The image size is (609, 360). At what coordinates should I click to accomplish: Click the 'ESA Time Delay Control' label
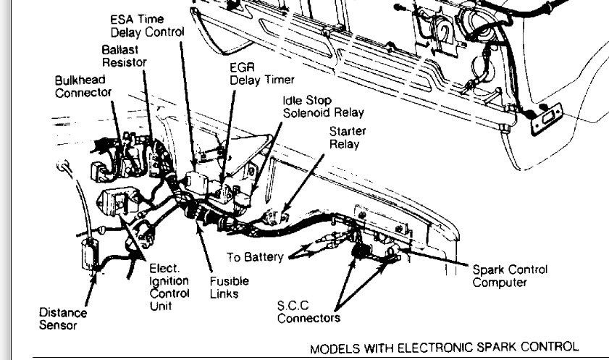148,25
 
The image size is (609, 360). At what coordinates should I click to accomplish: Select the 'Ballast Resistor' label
125,56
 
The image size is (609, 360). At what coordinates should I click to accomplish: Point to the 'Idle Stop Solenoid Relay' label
323,106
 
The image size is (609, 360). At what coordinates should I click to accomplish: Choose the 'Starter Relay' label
347,138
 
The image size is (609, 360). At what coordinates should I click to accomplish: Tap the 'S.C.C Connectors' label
307,311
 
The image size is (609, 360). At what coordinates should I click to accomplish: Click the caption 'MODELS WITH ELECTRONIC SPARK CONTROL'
444,348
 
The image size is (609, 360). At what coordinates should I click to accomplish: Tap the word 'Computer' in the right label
499,282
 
